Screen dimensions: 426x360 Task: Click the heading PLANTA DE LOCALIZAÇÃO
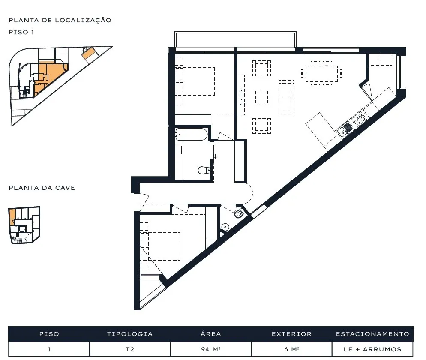60,20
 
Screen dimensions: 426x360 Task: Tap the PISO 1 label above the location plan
21,32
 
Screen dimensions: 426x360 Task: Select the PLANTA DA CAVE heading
42,188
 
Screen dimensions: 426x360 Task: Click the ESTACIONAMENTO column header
372,334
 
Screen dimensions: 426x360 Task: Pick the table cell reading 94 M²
210,349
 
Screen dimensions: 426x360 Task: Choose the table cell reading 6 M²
291,349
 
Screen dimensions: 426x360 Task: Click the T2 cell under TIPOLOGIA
130,349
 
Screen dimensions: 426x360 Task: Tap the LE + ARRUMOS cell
372,349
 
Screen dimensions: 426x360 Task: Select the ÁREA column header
210,334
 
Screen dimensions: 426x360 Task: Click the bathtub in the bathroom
191,134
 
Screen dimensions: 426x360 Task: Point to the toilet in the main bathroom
204,170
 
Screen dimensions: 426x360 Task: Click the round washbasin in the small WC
225,227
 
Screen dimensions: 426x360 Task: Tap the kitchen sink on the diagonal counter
348,127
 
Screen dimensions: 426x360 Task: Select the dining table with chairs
321,73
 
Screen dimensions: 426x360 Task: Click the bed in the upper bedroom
199,81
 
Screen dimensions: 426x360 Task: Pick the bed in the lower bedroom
164,246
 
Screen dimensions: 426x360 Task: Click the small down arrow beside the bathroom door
216,156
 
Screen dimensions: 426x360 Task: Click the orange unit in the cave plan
12,216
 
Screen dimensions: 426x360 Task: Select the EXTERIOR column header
291,334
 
